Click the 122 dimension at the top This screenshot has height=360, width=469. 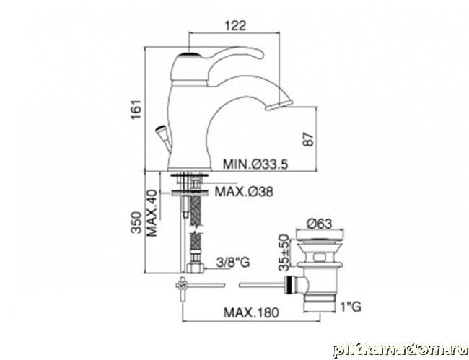(235, 25)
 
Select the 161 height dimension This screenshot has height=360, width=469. (136, 109)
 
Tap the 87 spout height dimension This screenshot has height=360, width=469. (308, 139)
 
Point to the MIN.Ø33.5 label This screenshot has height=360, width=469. (255, 164)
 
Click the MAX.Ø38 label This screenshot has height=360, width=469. (244, 191)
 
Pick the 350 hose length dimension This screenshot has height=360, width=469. (136, 222)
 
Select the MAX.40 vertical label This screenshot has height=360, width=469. (152, 213)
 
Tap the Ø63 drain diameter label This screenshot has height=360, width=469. (319, 224)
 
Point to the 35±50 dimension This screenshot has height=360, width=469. (284, 253)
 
